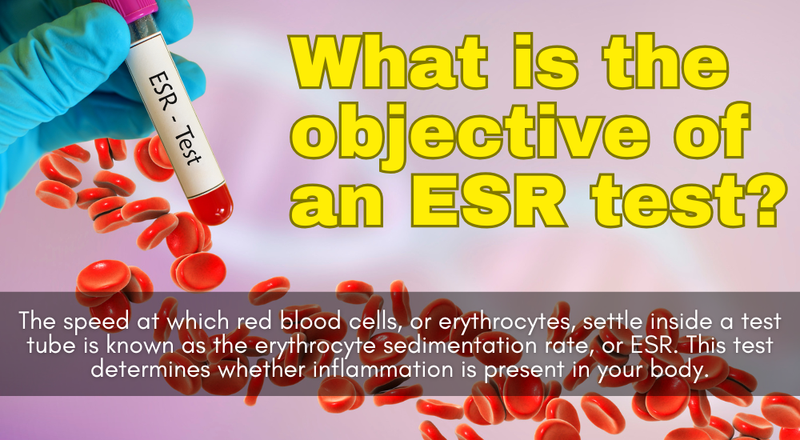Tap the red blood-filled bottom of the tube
212,204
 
